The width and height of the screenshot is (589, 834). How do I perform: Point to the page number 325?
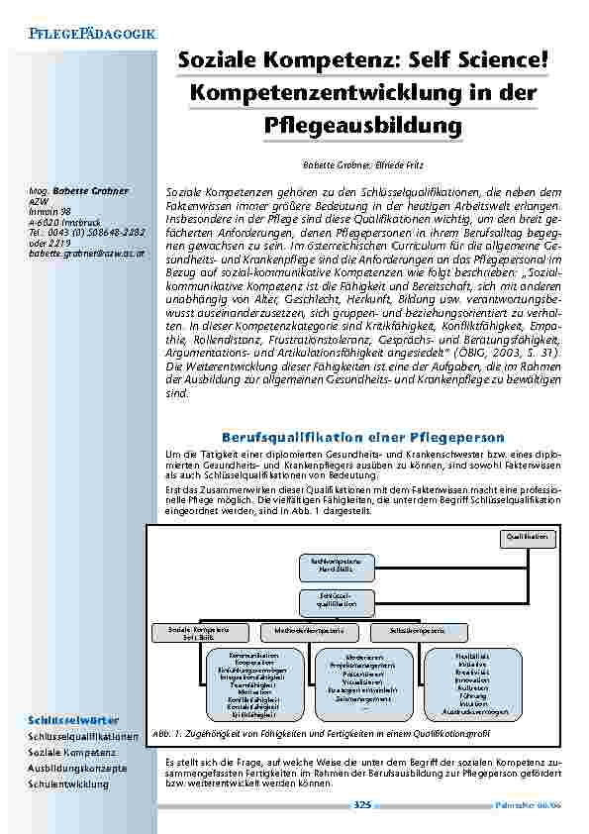(x=362, y=805)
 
